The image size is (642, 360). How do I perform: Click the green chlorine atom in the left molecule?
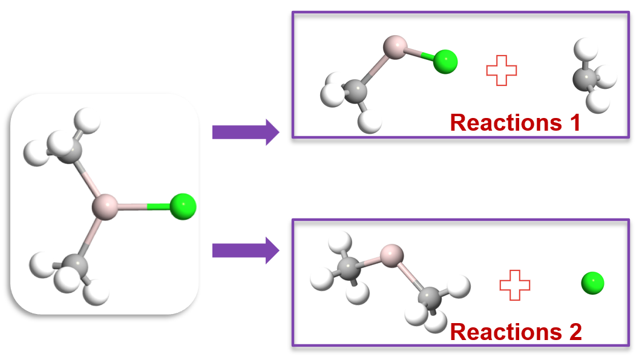(x=182, y=206)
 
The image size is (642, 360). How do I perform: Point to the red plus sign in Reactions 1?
(x=502, y=70)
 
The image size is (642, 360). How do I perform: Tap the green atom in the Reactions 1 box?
(x=445, y=62)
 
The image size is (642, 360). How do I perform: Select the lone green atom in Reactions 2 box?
(x=592, y=283)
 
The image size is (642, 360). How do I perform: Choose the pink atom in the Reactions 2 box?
(x=392, y=255)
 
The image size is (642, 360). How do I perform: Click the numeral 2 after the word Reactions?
(x=573, y=332)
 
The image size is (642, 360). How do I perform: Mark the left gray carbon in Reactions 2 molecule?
(x=349, y=269)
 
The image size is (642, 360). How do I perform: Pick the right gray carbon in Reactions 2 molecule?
(x=430, y=297)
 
